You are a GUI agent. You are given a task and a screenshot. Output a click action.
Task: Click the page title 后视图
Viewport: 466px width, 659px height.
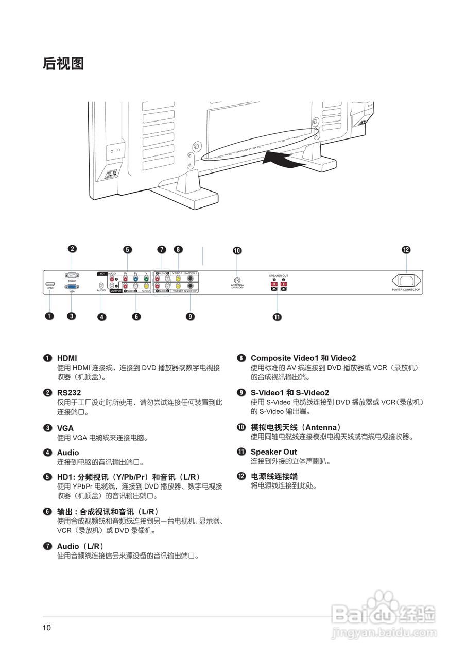point(63,63)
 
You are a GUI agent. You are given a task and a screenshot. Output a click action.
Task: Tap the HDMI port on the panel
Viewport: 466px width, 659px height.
point(50,284)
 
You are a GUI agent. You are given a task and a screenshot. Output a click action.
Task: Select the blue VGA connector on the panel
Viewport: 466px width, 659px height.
point(72,286)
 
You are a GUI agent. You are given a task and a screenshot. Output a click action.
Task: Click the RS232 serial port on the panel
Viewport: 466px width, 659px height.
point(72,275)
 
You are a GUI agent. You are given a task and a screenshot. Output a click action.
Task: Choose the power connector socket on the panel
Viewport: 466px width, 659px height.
point(406,281)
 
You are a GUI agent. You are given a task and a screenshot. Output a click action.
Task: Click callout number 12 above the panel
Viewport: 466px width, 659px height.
point(406,250)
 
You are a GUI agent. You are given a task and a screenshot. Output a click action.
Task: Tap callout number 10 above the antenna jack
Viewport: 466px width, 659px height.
point(237,251)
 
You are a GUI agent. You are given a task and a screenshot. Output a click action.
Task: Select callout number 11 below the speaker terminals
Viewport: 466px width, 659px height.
point(277,317)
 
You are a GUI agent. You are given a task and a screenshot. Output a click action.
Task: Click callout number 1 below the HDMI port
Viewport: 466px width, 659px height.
point(49,316)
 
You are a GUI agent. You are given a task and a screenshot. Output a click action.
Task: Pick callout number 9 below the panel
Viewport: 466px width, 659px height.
point(191,316)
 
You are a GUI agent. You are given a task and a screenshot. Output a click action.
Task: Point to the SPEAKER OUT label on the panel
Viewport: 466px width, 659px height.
point(279,276)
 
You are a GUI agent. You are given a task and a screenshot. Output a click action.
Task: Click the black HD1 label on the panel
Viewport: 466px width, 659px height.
point(102,273)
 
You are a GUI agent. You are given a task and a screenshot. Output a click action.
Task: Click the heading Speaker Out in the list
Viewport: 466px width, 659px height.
point(273,452)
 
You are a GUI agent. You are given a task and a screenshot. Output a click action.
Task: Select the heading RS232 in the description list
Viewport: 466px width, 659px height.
point(69,393)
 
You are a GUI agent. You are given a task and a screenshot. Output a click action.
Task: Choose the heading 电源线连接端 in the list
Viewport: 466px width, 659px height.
point(274,476)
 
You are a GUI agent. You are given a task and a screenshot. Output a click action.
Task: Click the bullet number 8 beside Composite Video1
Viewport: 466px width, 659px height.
point(241,358)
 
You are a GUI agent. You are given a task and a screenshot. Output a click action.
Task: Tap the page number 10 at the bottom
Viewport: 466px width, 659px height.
point(47,628)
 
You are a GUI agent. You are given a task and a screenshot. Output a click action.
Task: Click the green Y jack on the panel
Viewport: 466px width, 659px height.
point(146,279)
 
